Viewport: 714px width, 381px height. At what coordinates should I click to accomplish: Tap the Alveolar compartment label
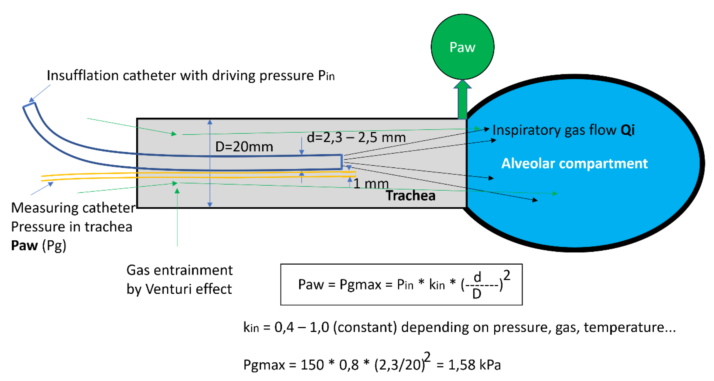[x=574, y=163]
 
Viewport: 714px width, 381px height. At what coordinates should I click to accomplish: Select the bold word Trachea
[x=411, y=196]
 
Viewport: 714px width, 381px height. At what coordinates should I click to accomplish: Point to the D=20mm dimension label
[x=244, y=147]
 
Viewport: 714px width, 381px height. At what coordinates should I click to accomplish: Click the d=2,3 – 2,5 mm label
[x=356, y=138]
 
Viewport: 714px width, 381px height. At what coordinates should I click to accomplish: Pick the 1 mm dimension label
[x=371, y=184]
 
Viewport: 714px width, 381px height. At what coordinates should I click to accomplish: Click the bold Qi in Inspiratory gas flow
[x=628, y=130]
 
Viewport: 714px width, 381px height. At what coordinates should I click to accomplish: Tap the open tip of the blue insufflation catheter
[x=342, y=162]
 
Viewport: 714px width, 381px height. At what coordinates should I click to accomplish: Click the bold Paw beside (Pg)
[x=24, y=246]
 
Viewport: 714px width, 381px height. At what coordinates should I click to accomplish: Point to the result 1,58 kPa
[x=474, y=365]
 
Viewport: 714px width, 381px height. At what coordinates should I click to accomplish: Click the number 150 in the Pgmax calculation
[x=312, y=365]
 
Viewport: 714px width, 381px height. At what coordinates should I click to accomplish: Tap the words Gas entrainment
[x=179, y=270]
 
